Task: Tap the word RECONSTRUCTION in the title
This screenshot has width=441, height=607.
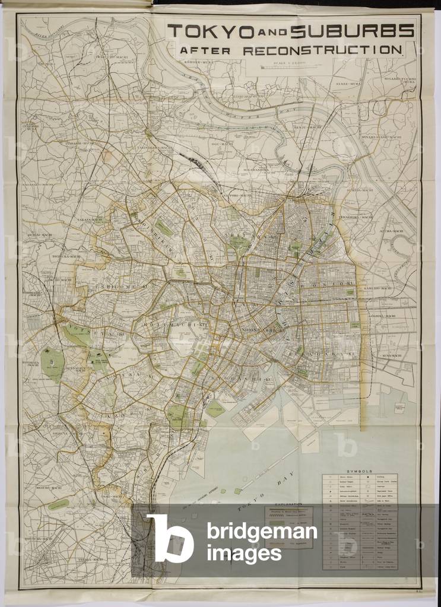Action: tap(323, 50)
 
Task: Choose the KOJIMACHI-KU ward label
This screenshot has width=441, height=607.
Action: tap(160, 324)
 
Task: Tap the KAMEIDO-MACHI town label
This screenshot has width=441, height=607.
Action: tap(379, 288)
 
